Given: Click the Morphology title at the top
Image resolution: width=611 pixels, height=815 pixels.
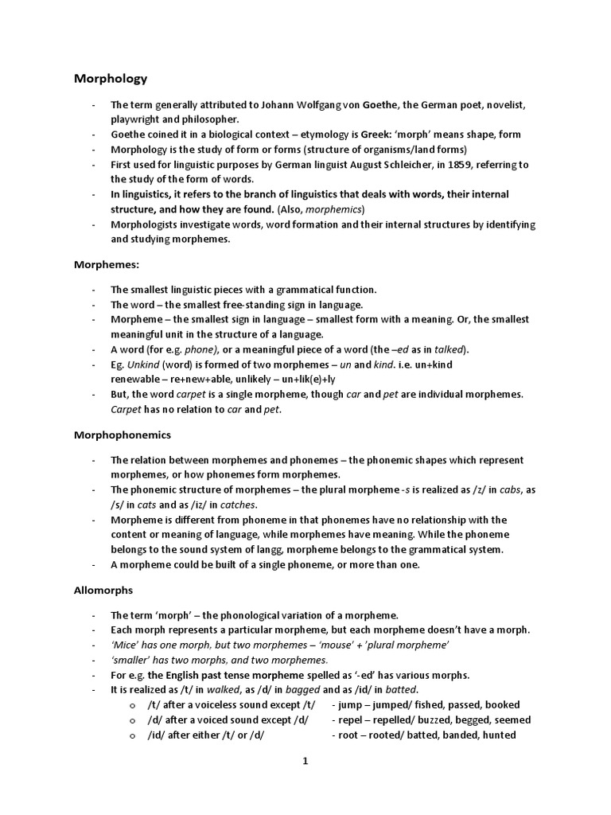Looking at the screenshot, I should tap(111, 79).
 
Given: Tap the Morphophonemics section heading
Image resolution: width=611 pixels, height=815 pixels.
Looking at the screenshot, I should tap(123, 435).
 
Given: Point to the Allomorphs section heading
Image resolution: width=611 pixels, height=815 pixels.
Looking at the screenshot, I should tap(103, 591).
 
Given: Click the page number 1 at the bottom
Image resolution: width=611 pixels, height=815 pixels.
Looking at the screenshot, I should tap(305, 761).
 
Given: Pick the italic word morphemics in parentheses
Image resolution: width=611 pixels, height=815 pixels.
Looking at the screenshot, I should tap(333, 209).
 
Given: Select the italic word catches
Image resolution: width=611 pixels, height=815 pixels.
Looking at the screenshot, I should tap(238, 505).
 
